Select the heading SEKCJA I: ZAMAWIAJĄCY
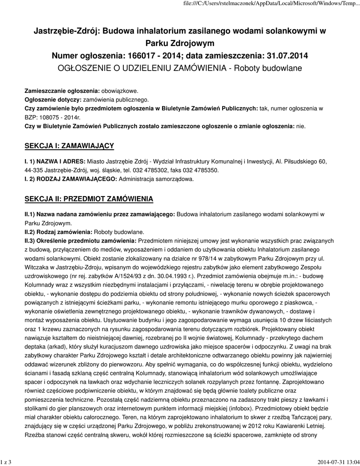[x=68, y=146]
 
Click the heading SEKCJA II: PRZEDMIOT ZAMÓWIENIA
[x=88, y=199]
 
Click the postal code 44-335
[x=33, y=170]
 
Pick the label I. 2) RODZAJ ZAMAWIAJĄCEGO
[x=71, y=179]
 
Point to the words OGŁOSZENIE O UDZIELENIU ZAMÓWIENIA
[x=142, y=68]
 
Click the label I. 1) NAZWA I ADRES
[x=55, y=162]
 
